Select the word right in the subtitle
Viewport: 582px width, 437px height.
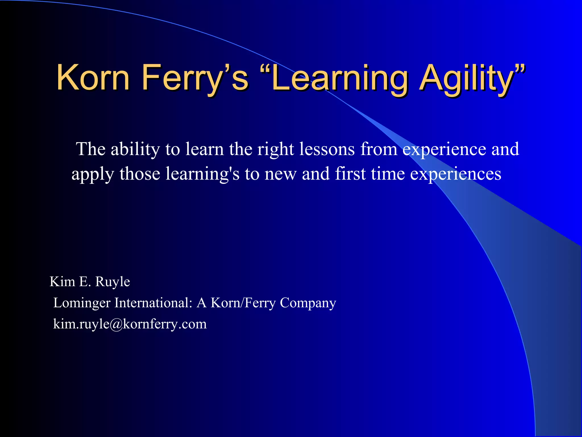point(275,149)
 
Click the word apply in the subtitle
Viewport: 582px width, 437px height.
point(93,174)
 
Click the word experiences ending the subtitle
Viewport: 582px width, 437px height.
point(456,174)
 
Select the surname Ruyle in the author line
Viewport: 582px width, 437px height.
point(113,282)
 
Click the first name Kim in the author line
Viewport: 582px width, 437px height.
point(62,281)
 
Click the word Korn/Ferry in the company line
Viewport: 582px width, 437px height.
point(243,302)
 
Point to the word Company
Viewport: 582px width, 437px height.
point(308,303)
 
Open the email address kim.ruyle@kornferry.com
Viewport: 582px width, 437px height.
point(130,324)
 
